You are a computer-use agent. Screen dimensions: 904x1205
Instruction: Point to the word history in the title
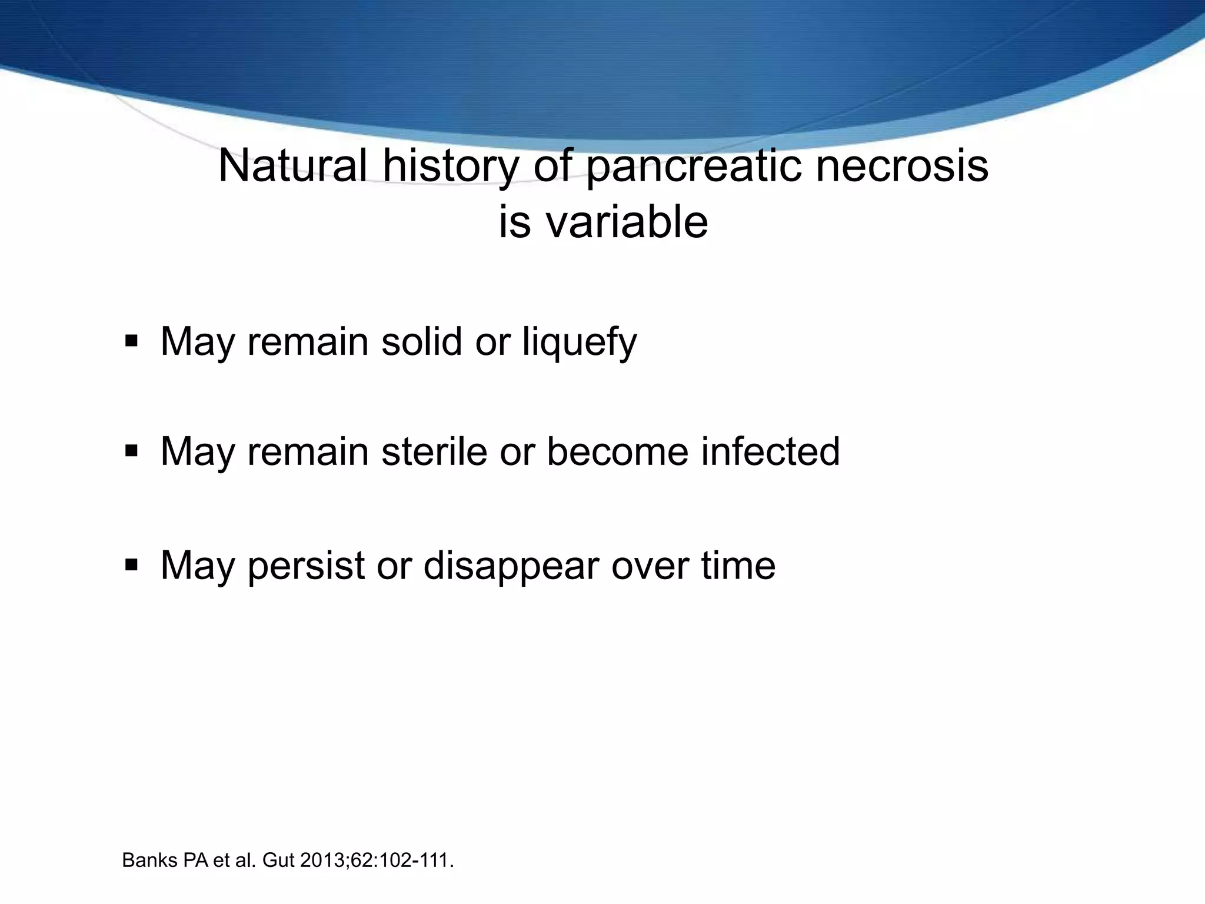451,167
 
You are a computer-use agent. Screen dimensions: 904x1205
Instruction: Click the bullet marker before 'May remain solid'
131,341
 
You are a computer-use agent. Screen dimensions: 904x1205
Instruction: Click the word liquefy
580,342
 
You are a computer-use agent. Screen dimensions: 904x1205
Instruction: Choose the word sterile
434,452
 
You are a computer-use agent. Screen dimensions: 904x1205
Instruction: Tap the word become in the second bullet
617,452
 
